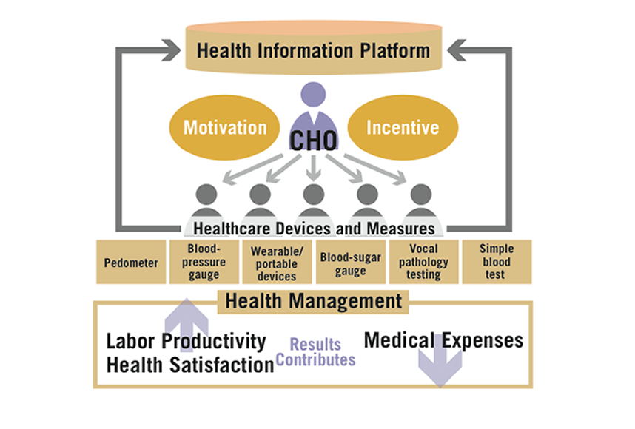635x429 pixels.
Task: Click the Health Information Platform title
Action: (x=313, y=51)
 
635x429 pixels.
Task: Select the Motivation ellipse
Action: (x=224, y=127)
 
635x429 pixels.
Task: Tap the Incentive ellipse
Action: (x=403, y=127)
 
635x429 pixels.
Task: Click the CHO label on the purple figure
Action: (x=313, y=141)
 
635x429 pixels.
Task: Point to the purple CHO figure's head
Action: (x=313, y=94)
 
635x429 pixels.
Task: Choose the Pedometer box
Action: (x=131, y=262)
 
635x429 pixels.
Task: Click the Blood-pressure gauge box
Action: (x=204, y=262)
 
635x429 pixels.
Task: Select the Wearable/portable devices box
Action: (x=277, y=262)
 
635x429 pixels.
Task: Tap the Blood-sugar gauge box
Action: (x=351, y=262)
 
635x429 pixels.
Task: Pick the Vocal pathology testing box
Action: (x=423, y=262)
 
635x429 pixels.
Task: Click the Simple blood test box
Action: (x=497, y=262)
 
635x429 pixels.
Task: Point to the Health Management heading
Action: (x=314, y=302)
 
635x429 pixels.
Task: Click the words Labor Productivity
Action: (x=186, y=341)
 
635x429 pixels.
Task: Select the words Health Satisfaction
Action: (x=190, y=365)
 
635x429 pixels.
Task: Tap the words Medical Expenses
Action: (x=443, y=340)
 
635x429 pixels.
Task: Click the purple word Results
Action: (x=315, y=345)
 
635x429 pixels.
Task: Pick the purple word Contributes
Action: (x=315, y=359)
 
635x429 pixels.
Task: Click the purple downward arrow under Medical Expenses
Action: (x=440, y=364)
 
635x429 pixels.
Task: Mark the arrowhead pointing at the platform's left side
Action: (x=171, y=50)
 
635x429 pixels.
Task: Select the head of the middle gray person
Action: (x=314, y=195)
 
